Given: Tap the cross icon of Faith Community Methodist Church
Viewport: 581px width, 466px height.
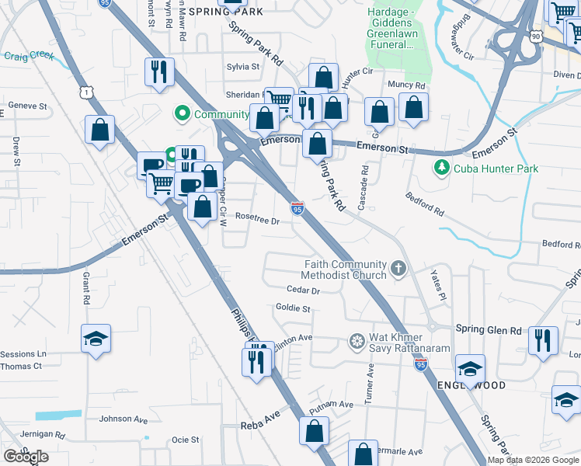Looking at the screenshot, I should point(398,269).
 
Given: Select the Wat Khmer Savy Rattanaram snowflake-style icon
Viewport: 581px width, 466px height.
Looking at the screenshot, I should point(357,343).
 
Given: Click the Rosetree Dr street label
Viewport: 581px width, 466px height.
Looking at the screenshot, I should point(257,220).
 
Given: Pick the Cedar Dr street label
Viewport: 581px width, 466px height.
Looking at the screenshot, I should point(303,290).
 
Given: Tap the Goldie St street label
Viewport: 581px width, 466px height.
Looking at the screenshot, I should point(294,308).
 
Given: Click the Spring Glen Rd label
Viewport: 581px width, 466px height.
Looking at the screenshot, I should point(488,330).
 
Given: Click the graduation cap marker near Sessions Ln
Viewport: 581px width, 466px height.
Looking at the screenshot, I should point(96,339).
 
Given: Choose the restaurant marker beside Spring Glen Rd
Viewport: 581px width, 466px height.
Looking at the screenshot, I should point(543,340).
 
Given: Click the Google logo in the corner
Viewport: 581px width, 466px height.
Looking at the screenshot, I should point(26,457).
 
